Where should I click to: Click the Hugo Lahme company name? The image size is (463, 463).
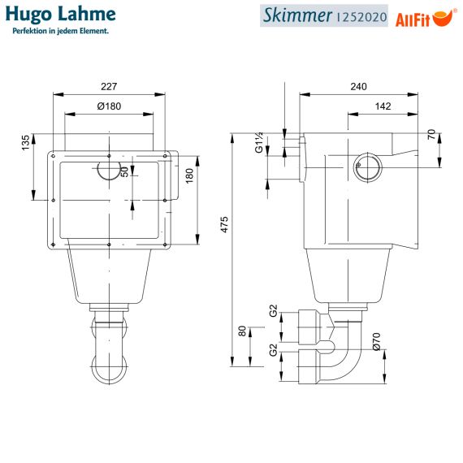point(61,15)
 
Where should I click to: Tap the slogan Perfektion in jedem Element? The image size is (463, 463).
point(61,31)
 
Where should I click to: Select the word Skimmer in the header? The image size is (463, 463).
point(297,15)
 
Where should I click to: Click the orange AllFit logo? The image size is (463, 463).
point(426,19)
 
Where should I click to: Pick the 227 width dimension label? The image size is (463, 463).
point(109,87)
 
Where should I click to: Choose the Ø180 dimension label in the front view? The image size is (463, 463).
point(109,106)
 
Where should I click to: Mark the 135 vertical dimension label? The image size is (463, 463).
point(26,143)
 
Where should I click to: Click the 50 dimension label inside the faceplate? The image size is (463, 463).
point(125,172)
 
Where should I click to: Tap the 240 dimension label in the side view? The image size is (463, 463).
point(359,87)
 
